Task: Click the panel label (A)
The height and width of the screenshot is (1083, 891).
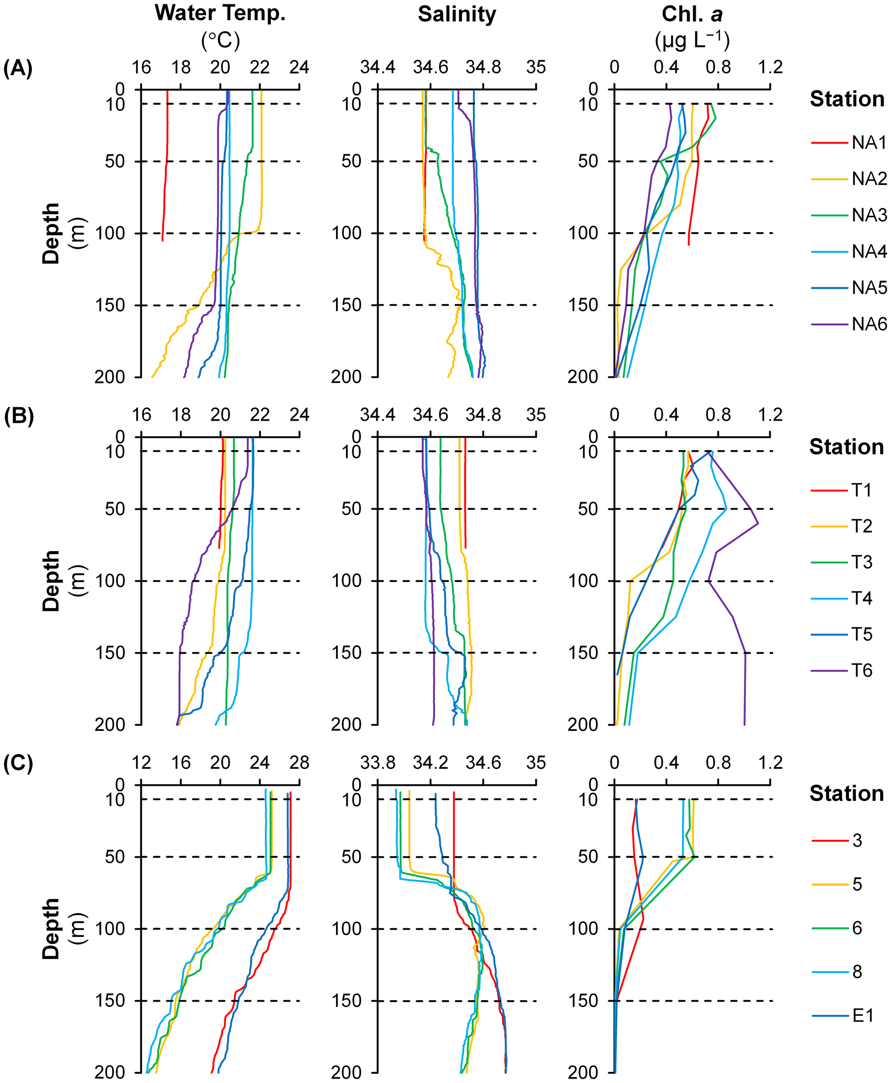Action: [18, 68]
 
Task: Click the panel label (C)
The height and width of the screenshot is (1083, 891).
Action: [18, 763]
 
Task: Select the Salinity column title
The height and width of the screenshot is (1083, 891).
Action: [456, 14]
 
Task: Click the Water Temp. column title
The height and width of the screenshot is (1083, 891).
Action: [220, 13]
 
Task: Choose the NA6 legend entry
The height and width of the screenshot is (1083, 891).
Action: [868, 324]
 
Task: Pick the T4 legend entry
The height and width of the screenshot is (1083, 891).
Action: [862, 598]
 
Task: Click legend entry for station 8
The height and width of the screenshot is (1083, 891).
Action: [857, 972]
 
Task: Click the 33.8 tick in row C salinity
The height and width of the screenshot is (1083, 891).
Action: [378, 762]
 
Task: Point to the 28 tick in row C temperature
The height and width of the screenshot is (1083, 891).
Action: [299, 762]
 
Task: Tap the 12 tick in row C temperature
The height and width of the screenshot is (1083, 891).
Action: [141, 762]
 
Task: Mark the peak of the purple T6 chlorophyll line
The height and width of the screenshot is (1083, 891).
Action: [758, 524]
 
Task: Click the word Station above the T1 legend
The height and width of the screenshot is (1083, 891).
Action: [847, 447]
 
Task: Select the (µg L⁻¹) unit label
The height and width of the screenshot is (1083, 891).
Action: [692, 40]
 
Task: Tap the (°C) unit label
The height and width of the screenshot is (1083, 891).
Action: [221, 40]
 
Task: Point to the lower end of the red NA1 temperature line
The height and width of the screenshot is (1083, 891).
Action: [163, 240]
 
